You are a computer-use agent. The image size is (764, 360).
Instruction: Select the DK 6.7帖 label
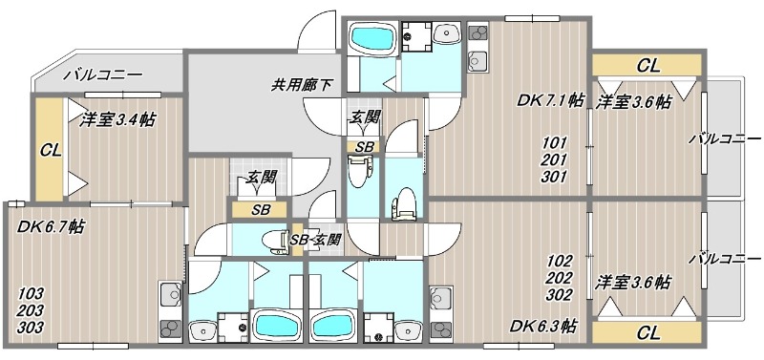pyautogui.click(x=50, y=226)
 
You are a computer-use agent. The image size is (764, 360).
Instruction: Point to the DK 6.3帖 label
pyautogui.click(x=541, y=326)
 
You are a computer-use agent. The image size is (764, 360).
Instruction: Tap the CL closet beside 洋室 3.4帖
pyautogui.click(x=50, y=150)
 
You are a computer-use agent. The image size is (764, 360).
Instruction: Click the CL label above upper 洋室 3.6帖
pyautogui.click(x=647, y=66)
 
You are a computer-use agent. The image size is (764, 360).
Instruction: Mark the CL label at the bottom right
pyautogui.click(x=647, y=332)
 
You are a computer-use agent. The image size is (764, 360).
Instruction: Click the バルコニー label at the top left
pyautogui.click(x=102, y=74)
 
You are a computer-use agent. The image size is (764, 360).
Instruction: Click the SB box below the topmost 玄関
pyautogui.click(x=364, y=147)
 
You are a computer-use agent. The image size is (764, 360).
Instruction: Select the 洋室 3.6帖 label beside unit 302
pyautogui.click(x=633, y=283)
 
